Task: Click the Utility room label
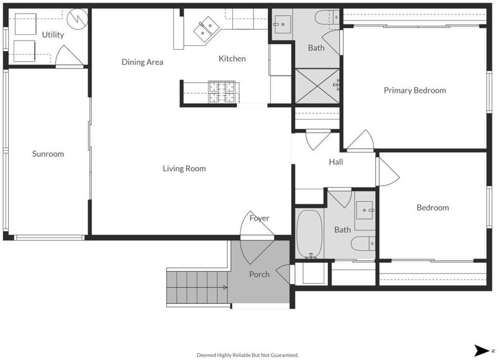point(53,35)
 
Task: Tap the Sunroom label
point(48,154)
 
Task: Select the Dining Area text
point(143,62)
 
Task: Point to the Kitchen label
point(232,59)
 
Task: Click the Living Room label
point(184,168)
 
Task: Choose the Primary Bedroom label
point(415,90)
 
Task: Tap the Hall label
point(336,162)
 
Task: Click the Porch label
point(259,274)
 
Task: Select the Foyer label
point(259,218)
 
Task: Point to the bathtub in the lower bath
point(309,234)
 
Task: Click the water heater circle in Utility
point(77,19)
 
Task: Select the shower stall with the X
point(317,86)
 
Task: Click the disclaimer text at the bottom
point(248,355)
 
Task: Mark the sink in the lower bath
point(365,210)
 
